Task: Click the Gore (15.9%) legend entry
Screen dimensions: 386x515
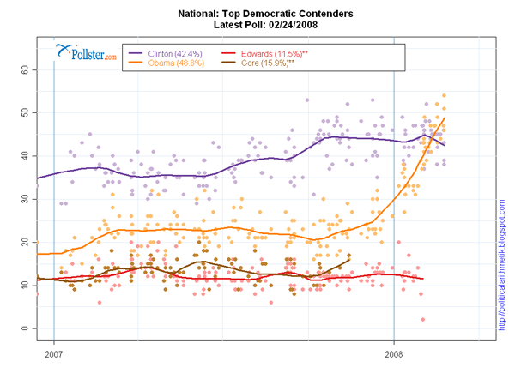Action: (x=265, y=63)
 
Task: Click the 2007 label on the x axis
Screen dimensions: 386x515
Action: (x=54, y=353)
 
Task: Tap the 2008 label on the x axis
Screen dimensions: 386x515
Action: (x=394, y=353)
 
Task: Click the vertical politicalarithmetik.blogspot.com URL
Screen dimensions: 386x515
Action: (x=503, y=266)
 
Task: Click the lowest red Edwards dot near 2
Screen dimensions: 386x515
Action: (x=423, y=320)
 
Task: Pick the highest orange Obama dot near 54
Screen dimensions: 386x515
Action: (x=444, y=96)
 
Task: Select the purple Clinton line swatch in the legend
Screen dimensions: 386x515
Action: (x=136, y=52)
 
